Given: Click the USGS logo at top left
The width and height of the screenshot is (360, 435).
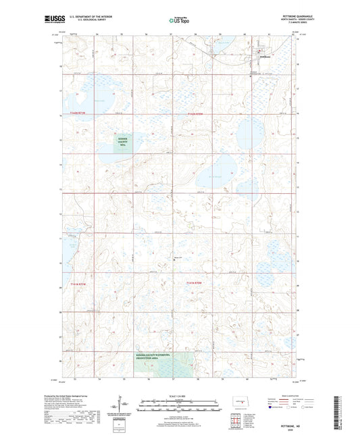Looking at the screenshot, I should point(51,20).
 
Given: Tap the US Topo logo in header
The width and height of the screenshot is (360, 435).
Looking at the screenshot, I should point(177,21).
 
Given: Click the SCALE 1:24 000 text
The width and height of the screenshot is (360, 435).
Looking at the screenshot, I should point(180,396).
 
